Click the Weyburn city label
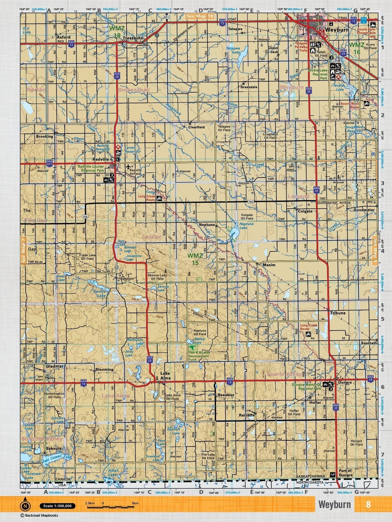[337, 30]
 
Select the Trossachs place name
[133, 38]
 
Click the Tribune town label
[338, 313]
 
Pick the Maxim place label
[269, 265]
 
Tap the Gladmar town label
[55, 366]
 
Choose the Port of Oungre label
[346, 473]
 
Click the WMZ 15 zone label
[195, 259]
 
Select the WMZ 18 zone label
[117, 32]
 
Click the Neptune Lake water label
[247, 226]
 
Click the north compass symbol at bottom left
[25, 505]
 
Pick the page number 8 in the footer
[368, 504]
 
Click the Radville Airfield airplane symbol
[129, 166]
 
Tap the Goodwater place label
[364, 210]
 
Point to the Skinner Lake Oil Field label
[157, 277]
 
